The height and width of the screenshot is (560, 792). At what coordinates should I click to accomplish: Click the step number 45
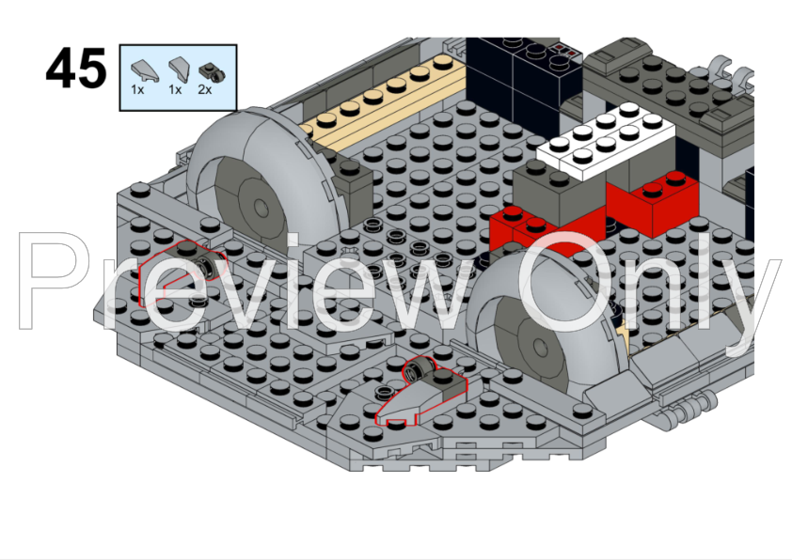[x=76, y=68]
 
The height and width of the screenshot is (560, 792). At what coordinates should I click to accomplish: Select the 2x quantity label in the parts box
[x=204, y=90]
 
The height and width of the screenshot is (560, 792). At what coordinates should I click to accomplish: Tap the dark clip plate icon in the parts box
[x=212, y=72]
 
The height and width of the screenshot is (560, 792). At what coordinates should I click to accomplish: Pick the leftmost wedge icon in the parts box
[x=145, y=70]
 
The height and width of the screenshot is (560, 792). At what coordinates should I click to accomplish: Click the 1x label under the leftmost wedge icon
[x=137, y=90]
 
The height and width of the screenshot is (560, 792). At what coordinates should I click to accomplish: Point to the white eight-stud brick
[x=606, y=140]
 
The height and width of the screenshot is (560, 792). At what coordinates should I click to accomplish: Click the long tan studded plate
[x=384, y=99]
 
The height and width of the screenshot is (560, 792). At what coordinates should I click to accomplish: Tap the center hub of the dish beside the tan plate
[x=261, y=206]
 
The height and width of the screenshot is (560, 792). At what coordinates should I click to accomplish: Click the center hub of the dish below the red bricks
[x=540, y=346]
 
